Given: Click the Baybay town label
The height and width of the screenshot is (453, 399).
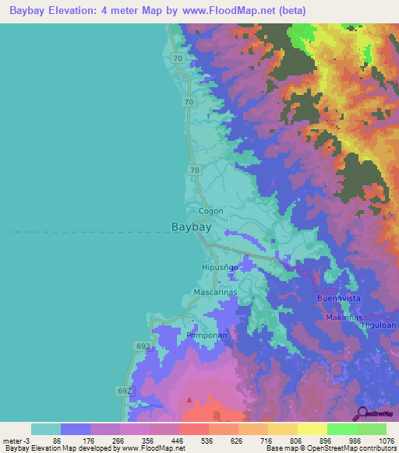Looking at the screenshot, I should [191, 227].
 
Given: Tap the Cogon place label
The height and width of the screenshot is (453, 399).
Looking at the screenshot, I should [210, 211].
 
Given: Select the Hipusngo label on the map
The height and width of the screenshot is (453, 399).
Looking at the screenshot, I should [218, 267].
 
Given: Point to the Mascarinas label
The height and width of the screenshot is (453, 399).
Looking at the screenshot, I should [215, 293].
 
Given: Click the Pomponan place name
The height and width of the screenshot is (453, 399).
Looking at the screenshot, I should [207, 335].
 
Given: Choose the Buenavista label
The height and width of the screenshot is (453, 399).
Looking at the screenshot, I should [339, 299].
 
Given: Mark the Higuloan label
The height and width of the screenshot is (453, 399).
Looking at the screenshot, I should [380, 325].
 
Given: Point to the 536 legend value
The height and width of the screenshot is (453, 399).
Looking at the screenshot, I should [201, 440].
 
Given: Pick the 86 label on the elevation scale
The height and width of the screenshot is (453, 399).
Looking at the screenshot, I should [55, 440].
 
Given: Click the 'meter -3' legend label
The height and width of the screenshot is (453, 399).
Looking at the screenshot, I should [16, 440].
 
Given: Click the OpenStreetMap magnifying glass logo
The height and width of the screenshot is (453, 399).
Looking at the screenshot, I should [361, 413].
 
